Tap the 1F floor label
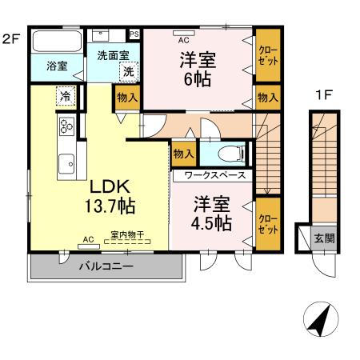coord(323,94)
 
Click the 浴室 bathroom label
coord(55,66)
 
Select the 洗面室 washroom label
coord(113,56)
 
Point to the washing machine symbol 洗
coord(128,72)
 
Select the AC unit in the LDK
coord(88,238)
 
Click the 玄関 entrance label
coord(324,238)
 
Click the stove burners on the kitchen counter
coord(66,125)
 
